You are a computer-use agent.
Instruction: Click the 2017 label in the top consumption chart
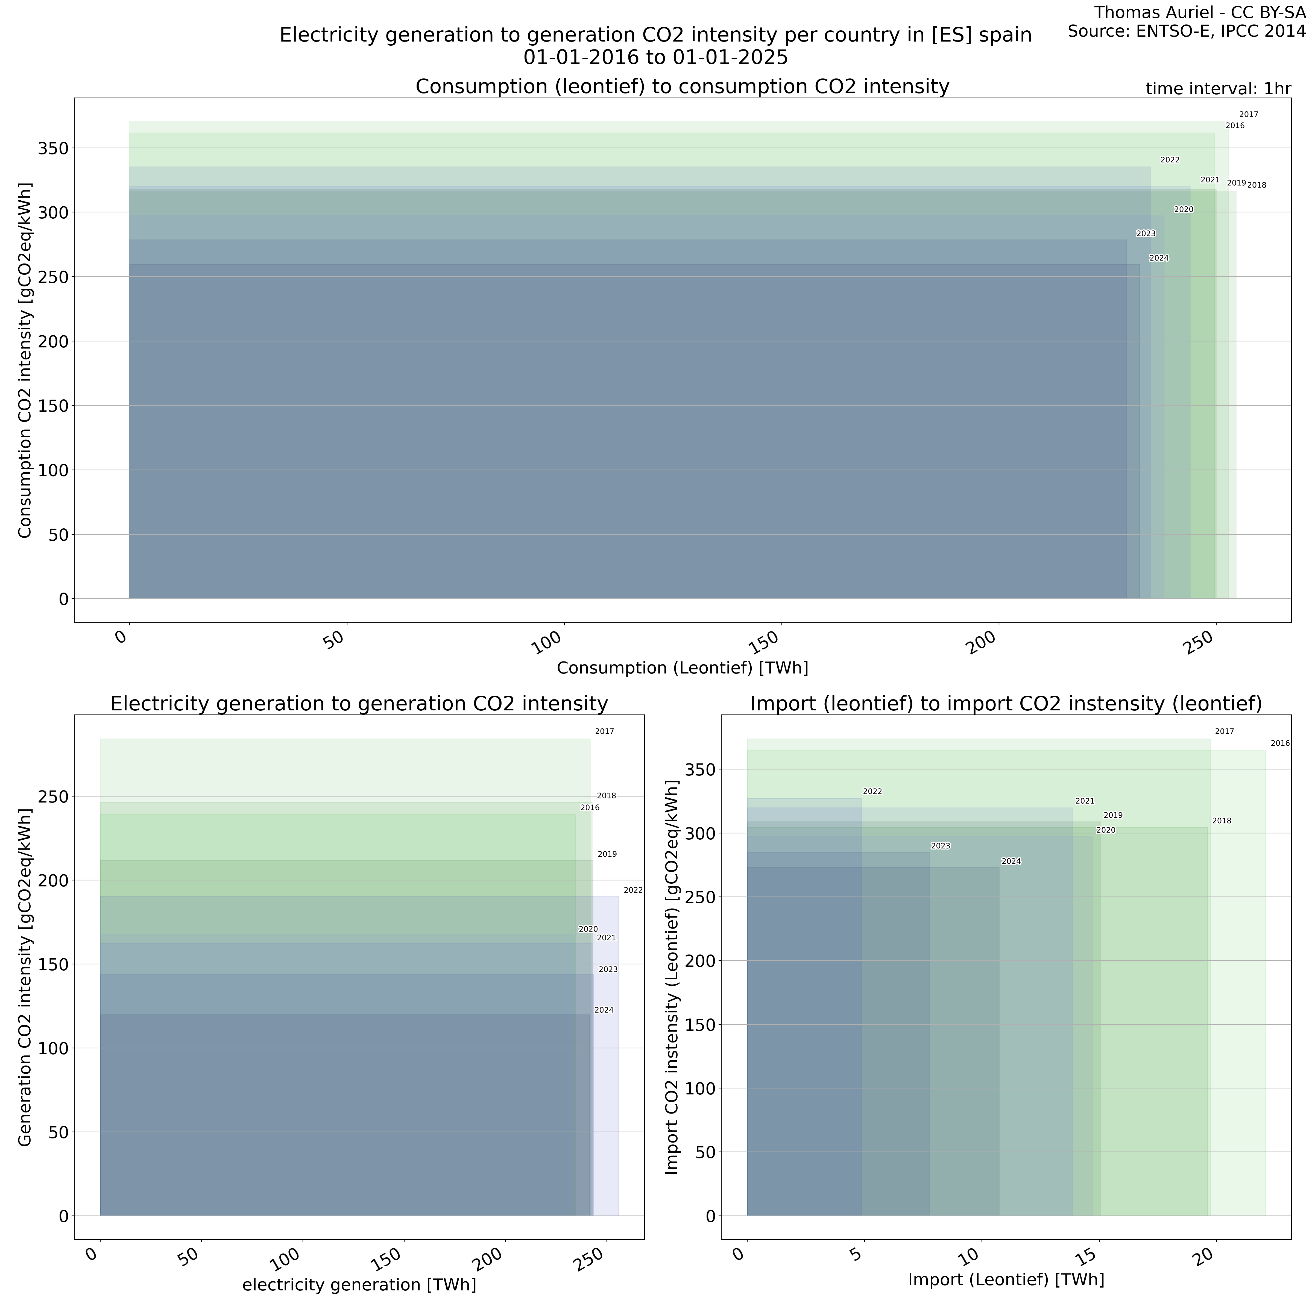[1248, 115]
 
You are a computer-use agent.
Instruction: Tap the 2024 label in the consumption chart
[1159, 258]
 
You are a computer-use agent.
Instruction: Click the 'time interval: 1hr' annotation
[1218, 89]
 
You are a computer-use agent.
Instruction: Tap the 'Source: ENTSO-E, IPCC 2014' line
[1186, 31]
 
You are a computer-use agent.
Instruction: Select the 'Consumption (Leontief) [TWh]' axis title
[683, 668]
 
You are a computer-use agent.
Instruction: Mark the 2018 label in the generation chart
[607, 796]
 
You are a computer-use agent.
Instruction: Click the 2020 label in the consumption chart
[1184, 209]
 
